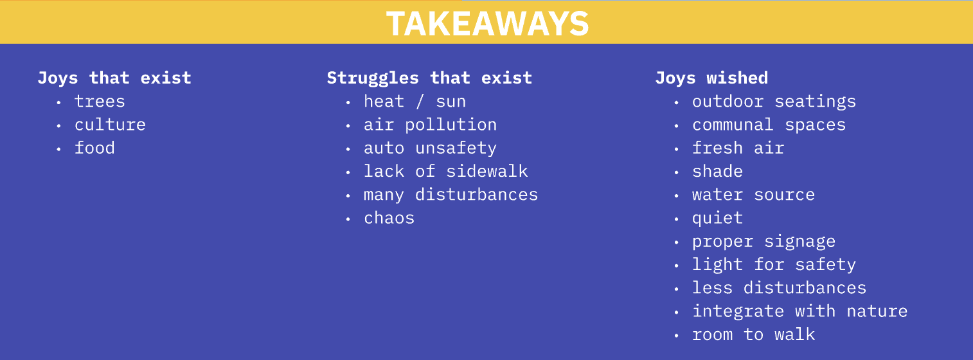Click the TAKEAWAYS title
click(x=487, y=23)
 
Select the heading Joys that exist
click(x=114, y=78)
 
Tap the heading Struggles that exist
click(x=429, y=78)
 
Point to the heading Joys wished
click(x=712, y=78)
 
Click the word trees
click(x=100, y=102)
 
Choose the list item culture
click(x=111, y=125)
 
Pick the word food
click(x=94, y=148)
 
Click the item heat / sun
click(x=415, y=102)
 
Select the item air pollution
click(x=431, y=125)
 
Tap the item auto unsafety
click(x=431, y=148)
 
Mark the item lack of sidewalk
click(x=446, y=172)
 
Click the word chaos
click(x=389, y=218)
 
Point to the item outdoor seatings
click(x=774, y=102)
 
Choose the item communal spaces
click(x=769, y=125)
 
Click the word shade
click(x=718, y=172)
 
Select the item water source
click(x=754, y=195)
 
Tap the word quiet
click(x=718, y=219)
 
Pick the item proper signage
click(x=763, y=242)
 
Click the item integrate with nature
click(x=799, y=311)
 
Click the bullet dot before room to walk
click(x=676, y=335)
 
